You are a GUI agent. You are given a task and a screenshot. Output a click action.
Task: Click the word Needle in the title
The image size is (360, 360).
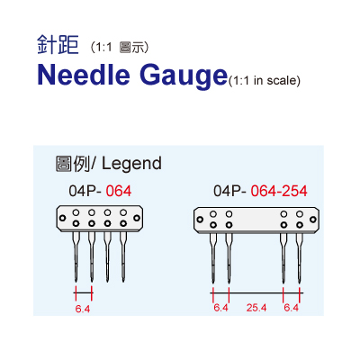point(84,75)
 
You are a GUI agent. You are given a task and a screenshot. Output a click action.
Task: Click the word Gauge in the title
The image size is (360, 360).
point(184,76)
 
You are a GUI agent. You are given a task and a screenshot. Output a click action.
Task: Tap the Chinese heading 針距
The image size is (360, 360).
point(58,45)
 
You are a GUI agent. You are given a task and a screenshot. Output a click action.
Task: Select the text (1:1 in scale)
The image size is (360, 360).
point(265,81)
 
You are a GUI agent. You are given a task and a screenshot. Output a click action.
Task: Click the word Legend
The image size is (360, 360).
point(131,164)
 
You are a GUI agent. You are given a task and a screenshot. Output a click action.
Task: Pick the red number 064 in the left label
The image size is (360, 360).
point(119,191)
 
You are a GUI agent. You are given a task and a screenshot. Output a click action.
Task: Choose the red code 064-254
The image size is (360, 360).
point(279,191)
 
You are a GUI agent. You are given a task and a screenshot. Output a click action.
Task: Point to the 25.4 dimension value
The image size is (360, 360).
point(256,308)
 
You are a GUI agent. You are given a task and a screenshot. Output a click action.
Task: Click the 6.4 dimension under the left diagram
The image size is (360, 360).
point(83,309)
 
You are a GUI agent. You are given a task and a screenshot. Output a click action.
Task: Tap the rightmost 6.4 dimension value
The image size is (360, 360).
point(292,308)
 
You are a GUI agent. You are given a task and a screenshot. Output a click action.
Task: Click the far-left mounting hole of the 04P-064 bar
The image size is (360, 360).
point(62,218)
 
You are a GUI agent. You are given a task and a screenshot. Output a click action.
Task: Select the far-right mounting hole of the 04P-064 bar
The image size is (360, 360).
point(137,218)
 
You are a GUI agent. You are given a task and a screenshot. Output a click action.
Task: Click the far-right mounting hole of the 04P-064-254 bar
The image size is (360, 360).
point(313,220)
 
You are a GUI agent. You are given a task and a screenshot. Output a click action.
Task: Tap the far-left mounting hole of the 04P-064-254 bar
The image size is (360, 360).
point(200,220)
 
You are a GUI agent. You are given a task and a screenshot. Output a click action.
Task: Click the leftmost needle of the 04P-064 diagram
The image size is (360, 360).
point(76,256)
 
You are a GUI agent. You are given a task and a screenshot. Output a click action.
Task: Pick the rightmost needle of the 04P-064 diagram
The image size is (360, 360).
point(123,256)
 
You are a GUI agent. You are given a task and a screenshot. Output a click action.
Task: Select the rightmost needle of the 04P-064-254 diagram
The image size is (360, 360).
point(300,258)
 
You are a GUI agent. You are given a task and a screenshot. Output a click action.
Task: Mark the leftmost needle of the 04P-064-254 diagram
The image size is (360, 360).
point(213,258)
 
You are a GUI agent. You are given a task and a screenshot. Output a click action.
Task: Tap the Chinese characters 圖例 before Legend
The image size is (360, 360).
point(73,164)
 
